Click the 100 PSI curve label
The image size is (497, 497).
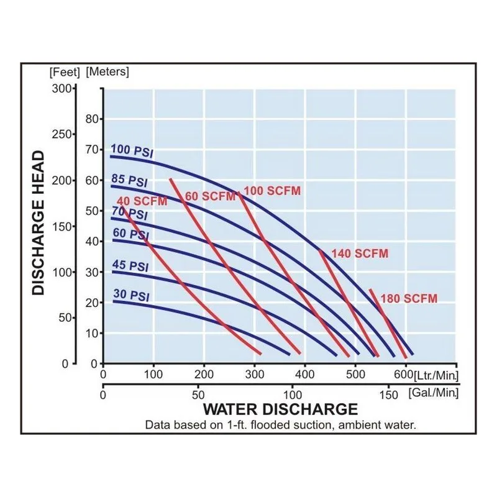click(132, 150)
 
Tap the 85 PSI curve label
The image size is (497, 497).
click(129, 181)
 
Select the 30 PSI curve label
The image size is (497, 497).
click(131, 295)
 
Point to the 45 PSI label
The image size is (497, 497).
click(130, 266)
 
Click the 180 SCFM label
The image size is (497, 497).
click(409, 299)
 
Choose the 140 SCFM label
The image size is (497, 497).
click(360, 253)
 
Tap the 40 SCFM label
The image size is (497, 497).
click(142, 201)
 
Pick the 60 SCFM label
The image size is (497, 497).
click(210, 196)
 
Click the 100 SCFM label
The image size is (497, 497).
click(272, 191)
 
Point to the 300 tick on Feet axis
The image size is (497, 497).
click(62, 88)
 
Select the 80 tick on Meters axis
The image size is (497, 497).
click(92, 119)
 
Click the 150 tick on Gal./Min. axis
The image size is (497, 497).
click(388, 395)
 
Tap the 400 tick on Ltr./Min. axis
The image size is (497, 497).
click(304, 375)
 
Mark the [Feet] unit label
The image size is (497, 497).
click(65, 72)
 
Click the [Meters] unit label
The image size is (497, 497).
click(107, 71)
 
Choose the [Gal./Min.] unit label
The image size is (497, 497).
click(434, 393)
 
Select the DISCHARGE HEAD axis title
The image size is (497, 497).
click(39, 223)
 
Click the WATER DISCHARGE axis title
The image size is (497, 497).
click(281, 409)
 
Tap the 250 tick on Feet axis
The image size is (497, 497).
click(62, 134)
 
